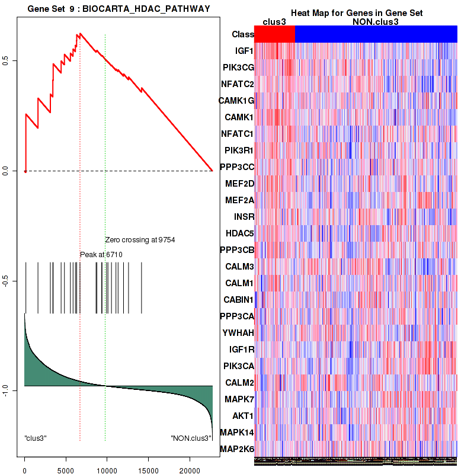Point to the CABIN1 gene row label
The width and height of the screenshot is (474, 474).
[x=238, y=300]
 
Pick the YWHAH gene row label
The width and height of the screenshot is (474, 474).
[x=239, y=333]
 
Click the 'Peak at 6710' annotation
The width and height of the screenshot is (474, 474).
[x=101, y=255]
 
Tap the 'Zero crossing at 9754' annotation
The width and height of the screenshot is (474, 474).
[x=140, y=240]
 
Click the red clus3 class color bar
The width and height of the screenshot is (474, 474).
[x=274, y=34]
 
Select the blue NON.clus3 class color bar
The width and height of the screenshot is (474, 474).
[x=376, y=34]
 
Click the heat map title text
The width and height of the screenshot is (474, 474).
[x=356, y=13]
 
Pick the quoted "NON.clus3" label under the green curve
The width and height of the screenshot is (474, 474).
[x=191, y=438]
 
